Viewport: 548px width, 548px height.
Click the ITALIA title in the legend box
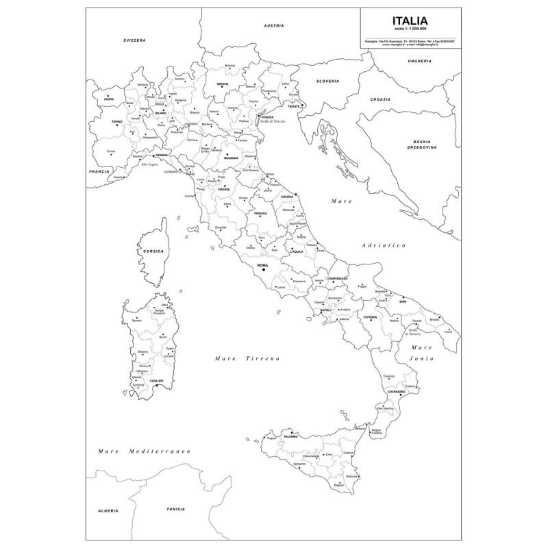tap(410, 21)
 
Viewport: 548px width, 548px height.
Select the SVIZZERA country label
tap(135, 41)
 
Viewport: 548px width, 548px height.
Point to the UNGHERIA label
tap(419, 61)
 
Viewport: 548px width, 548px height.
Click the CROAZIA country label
tap(381, 99)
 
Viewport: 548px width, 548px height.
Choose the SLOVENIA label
tap(327, 81)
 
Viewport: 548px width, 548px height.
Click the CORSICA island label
tap(153, 251)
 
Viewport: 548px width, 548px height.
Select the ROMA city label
tap(262, 265)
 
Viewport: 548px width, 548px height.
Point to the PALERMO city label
tap(291, 436)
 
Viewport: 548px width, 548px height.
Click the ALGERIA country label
tap(108, 512)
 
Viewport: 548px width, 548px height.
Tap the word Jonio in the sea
tap(419, 358)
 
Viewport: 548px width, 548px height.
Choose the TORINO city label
tap(116, 121)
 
